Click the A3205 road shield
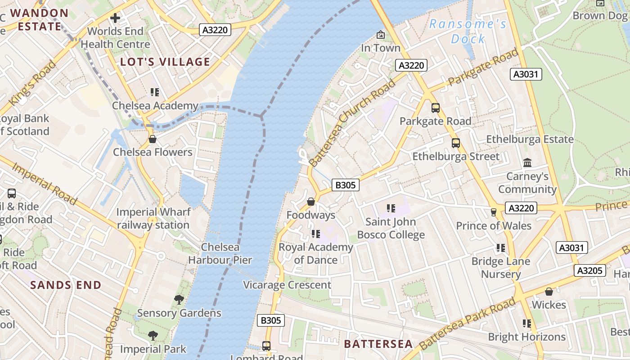pyautogui.click(x=589, y=270)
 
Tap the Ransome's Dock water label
pyautogui.click(x=468, y=31)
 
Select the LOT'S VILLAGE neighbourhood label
pyautogui.click(x=165, y=62)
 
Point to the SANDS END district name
pyautogui.click(x=66, y=285)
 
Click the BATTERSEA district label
pyautogui.click(x=378, y=344)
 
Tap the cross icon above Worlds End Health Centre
pyautogui.click(x=115, y=18)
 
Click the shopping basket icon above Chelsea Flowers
pyautogui.click(x=153, y=139)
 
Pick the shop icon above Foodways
pyautogui.click(x=310, y=202)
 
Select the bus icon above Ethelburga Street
pyautogui.click(x=456, y=143)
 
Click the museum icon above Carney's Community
pyautogui.click(x=527, y=162)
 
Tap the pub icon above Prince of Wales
pyautogui.click(x=494, y=212)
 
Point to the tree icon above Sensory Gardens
pyautogui.click(x=179, y=299)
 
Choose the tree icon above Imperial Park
pyautogui.click(x=153, y=335)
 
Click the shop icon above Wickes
pyautogui.click(x=549, y=292)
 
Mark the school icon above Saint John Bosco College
pyautogui.click(x=391, y=208)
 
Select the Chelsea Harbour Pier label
pyautogui.click(x=220, y=253)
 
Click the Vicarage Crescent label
pyautogui.click(x=287, y=285)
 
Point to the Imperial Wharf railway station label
pyautogui.click(x=153, y=218)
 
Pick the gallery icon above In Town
pyautogui.click(x=381, y=35)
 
